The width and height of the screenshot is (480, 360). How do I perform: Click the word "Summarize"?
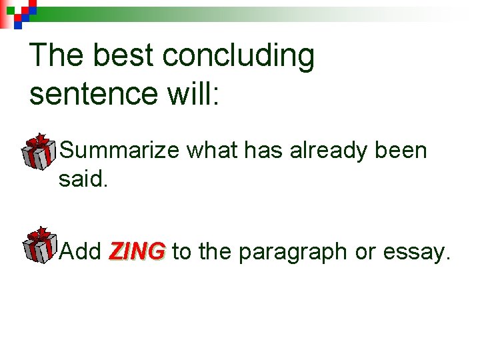click(119, 151)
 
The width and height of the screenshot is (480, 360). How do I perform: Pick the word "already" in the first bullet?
click(320, 151)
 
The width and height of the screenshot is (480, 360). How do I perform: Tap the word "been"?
click(400, 151)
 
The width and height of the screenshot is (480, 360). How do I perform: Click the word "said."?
click(83, 179)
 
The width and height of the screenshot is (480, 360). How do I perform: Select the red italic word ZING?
click(137, 252)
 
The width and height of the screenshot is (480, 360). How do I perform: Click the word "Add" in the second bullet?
click(80, 252)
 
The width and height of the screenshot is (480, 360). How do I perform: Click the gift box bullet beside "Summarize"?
click(39, 151)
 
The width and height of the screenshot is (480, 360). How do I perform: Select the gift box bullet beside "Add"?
click(39, 245)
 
